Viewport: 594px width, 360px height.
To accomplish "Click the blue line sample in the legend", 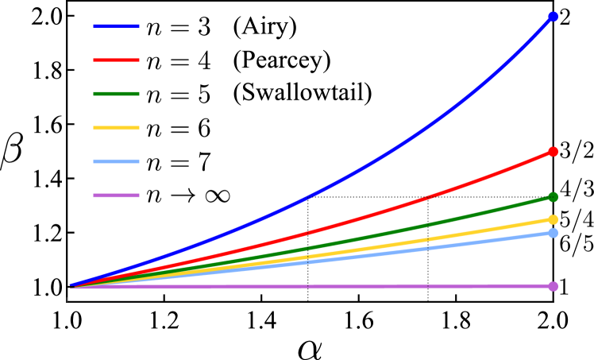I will click(116, 26).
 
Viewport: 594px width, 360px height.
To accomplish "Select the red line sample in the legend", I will click(116, 60).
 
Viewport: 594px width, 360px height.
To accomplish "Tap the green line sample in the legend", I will click(116, 94).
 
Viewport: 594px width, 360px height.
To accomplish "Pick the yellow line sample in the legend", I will click(116, 128).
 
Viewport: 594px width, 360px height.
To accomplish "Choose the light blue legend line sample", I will click(116, 161).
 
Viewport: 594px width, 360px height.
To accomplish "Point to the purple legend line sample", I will click(116, 195).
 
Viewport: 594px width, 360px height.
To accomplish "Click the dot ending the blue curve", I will click(553, 17).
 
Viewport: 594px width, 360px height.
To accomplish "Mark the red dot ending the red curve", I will click(553, 152).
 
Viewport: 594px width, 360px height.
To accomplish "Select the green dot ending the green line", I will click(553, 197).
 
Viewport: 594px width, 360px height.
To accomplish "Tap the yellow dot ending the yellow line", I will click(553, 219).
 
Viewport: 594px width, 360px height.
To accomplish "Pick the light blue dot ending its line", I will click(553, 233).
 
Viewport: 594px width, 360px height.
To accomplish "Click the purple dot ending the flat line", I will click(553, 286).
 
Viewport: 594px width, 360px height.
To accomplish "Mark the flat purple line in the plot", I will click(318, 286).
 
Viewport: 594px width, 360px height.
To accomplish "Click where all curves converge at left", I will click(71, 286).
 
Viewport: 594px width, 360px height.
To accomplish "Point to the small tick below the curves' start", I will click(67, 300).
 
